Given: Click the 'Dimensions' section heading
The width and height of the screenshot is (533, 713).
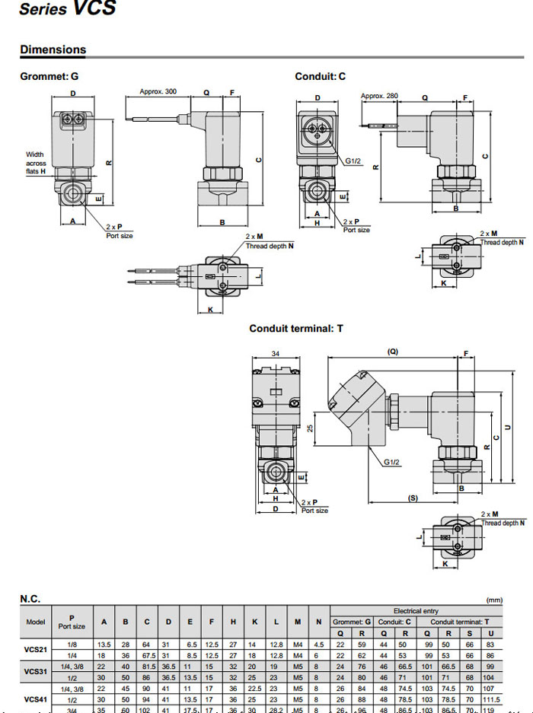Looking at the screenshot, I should [x=53, y=50].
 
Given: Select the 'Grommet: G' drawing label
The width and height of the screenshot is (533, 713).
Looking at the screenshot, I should [x=49, y=76].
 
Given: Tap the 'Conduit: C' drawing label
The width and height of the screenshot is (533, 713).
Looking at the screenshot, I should [x=320, y=76].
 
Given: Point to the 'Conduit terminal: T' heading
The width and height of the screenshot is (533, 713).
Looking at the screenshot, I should [x=296, y=329].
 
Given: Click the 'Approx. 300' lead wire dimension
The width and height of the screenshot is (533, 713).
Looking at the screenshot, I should [x=158, y=92].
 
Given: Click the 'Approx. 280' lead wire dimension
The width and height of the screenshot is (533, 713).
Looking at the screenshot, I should [x=379, y=96].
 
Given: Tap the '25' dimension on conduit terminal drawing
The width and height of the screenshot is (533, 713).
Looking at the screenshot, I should [x=310, y=429].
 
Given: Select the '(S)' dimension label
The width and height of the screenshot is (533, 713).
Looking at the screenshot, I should [x=413, y=498].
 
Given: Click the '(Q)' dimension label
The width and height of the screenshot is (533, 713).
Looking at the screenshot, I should [x=393, y=352].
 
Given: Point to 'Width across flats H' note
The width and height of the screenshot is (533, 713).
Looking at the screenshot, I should [x=37, y=163].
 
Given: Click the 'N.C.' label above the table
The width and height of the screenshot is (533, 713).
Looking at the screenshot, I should [x=30, y=600].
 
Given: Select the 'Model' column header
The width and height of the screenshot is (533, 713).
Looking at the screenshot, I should [x=36, y=622].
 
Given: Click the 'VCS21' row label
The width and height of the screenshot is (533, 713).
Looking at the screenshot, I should [x=36, y=649].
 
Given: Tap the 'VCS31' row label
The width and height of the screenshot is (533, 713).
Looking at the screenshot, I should [x=36, y=671].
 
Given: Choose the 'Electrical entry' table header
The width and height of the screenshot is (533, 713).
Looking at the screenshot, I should [x=416, y=611].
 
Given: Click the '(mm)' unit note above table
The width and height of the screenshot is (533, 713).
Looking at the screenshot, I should [x=494, y=600].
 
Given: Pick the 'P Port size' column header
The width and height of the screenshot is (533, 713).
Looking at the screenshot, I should [x=72, y=622].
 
